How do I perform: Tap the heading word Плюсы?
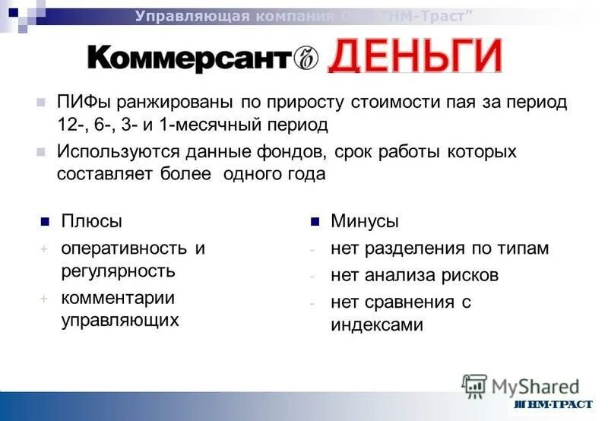(91, 222)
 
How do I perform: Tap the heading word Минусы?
(364, 222)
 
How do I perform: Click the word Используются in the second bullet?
(114, 151)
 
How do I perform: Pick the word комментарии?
(118, 297)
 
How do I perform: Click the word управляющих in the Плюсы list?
(120, 320)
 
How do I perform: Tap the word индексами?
(376, 324)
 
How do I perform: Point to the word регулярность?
(118, 271)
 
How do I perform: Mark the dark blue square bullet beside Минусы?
(315, 222)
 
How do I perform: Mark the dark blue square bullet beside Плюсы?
(45, 222)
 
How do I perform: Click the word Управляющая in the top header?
(179, 17)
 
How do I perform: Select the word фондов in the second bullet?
(302, 151)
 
